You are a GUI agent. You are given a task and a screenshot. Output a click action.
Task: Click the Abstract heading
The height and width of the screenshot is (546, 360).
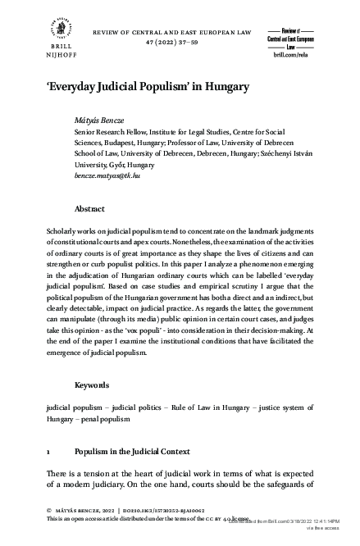click(x=89, y=209)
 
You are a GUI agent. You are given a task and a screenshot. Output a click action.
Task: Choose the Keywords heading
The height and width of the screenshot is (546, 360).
click(x=91, y=384)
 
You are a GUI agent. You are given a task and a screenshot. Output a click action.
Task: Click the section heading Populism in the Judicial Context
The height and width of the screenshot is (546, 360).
click(x=132, y=452)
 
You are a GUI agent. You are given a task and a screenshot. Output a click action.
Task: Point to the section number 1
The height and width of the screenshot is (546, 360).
click(x=50, y=452)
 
